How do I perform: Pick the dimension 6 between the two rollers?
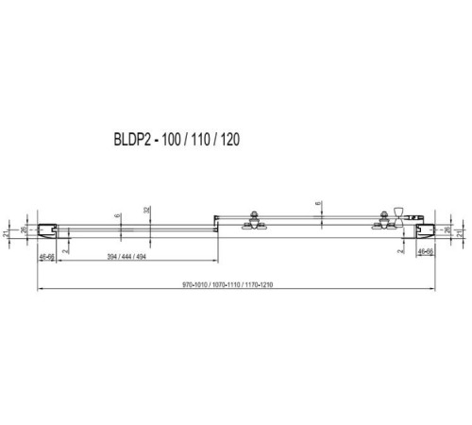pos(318,203)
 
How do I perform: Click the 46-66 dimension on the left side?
pos(46,255)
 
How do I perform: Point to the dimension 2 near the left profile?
pos(63,251)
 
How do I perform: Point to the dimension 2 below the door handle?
pos(399,251)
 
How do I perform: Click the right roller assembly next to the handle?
pos(384,220)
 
